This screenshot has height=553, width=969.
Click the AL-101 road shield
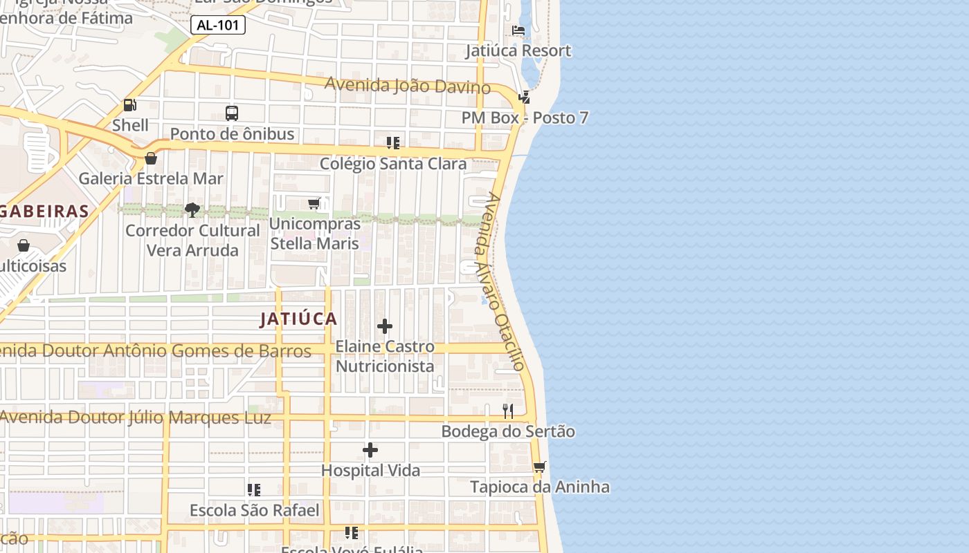(218, 26)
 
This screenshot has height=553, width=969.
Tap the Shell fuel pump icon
(129, 105)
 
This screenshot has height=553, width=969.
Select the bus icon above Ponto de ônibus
(232, 113)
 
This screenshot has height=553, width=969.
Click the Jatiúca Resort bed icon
(518, 30)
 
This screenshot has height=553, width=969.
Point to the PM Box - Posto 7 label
(525, 118)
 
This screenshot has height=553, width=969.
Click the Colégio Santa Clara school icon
(393, 143)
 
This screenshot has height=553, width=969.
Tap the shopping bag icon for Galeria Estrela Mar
(151, 158)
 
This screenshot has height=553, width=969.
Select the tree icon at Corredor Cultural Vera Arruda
(192, 209)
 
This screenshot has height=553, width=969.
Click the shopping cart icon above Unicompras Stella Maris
(314, 203)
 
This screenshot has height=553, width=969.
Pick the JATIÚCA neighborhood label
(299, 319)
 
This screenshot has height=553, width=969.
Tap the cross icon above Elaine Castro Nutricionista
(385, 326)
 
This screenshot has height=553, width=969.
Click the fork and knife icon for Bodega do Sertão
(508, 411)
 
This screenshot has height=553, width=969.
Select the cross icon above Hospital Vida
(370, 451)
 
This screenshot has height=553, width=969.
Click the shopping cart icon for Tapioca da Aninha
(540, 467)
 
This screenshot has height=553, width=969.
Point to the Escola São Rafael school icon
(254, 490)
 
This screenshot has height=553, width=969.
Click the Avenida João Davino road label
(408, 86)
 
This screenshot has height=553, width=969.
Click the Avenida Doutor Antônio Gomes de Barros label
(156, 351)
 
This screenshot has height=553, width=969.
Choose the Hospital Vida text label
(370, 471)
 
